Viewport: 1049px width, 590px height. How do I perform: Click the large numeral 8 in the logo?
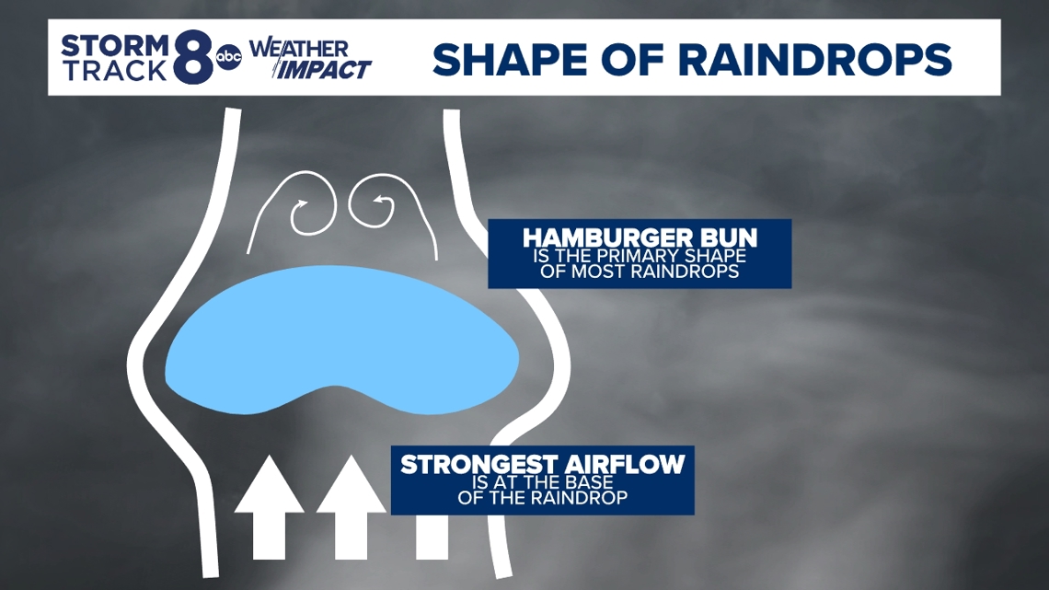(x=192, y=58)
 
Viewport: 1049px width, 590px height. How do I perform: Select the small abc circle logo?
(x=227, y=58)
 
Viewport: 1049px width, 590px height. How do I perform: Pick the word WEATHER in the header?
(x=298, y=47)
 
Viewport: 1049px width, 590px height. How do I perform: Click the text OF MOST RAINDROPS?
(x=638, y=272)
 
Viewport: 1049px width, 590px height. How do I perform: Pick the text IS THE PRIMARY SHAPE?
(x=638, y=256)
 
